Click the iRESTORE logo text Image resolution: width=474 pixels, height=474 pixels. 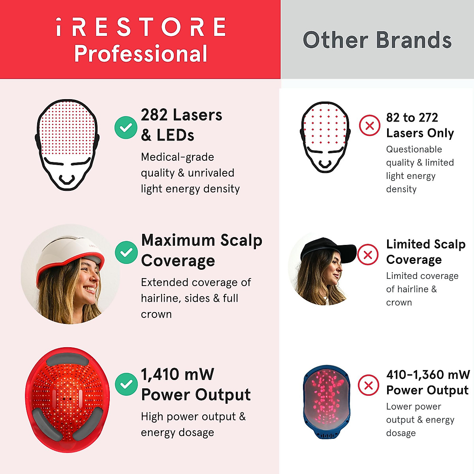pyautogui.click(x=141, y=27)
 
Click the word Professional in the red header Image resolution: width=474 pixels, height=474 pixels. pyautogui.click(x=141, y=53)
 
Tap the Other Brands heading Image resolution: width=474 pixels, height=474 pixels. pyautogui.click(x=377, y=40)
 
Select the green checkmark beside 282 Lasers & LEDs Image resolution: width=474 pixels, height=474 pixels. pyautogui.click(x=126, y=127)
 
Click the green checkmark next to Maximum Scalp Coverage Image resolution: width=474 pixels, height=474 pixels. pyautogui.click(x=126, y=252)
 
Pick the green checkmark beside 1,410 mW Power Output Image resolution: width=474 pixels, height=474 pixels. pyautogui.click(x=126, y=384)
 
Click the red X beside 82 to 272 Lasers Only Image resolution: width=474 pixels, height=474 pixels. pyautogui.click(x=370, y=126)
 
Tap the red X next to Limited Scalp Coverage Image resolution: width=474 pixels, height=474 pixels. pyautogui.click(x=368, y=255)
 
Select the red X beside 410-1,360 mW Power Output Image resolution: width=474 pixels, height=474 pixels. pyautogui.click(x=369, y=385)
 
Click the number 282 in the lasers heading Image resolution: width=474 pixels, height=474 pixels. pyautogui.click(x=154, y=115)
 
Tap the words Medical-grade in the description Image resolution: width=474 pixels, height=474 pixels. pyautogui.click(x=177, y=157)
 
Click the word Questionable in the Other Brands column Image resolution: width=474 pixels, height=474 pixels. pyautogui.click(x=414, y=149)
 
